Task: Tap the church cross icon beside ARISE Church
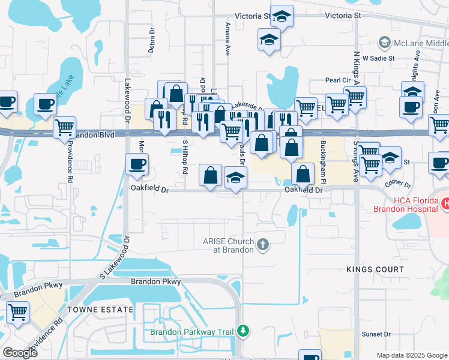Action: [x=262, y=245]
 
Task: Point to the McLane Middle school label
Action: [x=421, y=43]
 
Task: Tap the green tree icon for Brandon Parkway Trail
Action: [x=243, y=331]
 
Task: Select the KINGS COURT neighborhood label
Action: [x=376, y=269]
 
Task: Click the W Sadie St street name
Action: [x=379, y=58]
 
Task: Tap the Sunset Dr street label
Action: [x=376, y=334]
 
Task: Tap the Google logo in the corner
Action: [x=20, y=353]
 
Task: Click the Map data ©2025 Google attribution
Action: [x=411, y=355]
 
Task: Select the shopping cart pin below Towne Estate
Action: [x=18, y=311]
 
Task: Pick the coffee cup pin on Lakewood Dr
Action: [x=137, y=164]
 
